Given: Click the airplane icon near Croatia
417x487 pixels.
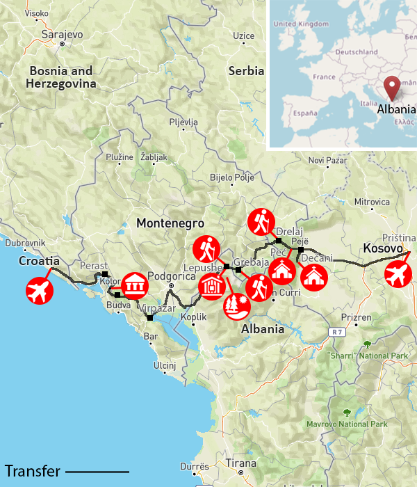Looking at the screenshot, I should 40,292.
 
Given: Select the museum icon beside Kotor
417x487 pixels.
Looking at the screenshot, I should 134,285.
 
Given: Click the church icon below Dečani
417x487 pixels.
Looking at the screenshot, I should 315,277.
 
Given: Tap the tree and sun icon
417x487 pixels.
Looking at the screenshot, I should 236,306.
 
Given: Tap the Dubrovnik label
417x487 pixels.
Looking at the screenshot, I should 25,243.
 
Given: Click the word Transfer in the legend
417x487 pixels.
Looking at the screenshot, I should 32,471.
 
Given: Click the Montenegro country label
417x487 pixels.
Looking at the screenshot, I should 170,223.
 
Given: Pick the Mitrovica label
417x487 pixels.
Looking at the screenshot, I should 372,202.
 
